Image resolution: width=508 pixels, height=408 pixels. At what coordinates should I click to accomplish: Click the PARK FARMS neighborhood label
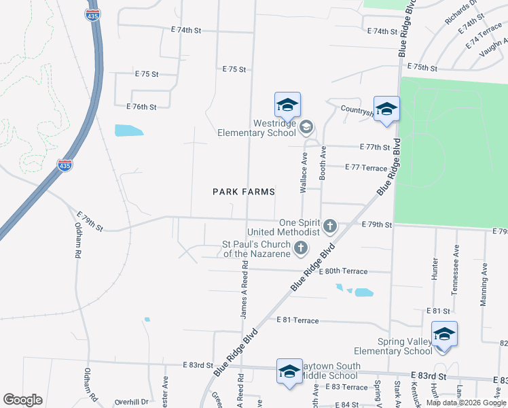point(244,192)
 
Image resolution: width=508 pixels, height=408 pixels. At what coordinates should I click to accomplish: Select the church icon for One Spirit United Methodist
point(330,226)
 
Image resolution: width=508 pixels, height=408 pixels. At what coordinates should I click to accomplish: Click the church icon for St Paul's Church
point(300,251)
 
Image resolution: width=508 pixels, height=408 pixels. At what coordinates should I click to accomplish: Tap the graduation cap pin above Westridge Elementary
point(287,106)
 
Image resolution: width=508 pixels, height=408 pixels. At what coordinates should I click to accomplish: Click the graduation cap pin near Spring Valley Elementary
point(444,335)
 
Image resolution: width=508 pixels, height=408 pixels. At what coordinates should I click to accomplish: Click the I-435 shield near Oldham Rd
point(65,165)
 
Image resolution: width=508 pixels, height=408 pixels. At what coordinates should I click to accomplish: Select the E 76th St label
point(141,107)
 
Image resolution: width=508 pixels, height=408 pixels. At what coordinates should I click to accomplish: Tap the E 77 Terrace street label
point(366,167)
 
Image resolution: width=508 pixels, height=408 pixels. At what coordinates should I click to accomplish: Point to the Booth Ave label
point(323,164)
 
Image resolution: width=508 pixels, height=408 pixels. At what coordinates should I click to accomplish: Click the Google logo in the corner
point(22,400)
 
